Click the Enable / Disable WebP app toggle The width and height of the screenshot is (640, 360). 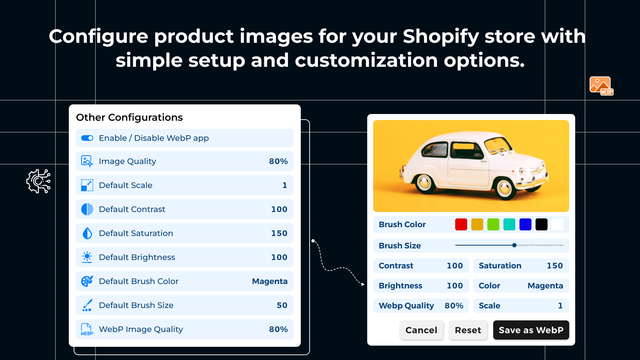[87, 138]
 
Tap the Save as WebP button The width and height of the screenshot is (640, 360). [531, 330]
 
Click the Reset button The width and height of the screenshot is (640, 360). [468, 330]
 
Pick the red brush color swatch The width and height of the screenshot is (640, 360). [461, 224]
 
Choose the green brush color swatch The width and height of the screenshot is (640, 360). [493, 224]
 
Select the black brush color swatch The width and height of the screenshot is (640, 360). [541, 224]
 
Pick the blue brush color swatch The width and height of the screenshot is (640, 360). [525, 224]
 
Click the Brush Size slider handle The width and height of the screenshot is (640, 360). [514, 245]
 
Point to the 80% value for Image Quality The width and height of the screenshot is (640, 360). [278, 161]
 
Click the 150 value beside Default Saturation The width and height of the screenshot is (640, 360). [279, 233]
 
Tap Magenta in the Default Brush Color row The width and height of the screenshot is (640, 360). [270, 281]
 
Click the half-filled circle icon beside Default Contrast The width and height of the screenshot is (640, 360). [87, 209]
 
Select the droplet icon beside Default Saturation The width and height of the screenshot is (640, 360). [87, 233]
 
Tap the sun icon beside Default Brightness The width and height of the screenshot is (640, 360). [87, 257]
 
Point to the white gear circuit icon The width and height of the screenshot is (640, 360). [39, 181]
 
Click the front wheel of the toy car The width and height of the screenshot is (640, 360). [504, 188]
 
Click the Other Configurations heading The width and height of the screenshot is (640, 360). [129, 117]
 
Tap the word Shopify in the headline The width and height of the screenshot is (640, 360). [440, 36]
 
